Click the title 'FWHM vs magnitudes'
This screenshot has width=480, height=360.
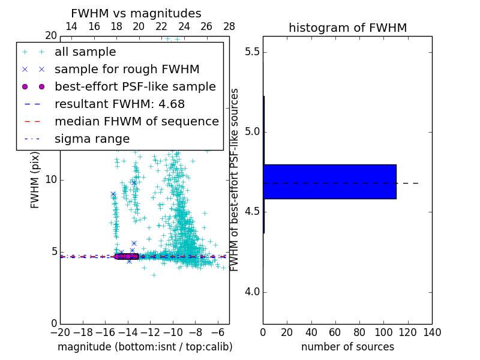click(x=136, y=13)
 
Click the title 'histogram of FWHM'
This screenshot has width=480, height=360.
click(x=347, y=28)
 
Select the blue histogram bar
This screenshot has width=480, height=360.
click(x=329, y=181)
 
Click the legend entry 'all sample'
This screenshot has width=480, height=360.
click(x=85, y=52)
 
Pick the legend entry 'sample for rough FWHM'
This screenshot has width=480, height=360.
click(x=127, y=69)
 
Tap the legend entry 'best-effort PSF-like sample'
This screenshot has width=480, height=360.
click(x=135, y=86)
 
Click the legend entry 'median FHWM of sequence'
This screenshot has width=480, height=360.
click(x=136, y=121)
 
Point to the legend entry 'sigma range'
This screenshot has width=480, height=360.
click(x=92, y=139)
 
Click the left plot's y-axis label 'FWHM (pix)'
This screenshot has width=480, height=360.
click(x=35, y=179)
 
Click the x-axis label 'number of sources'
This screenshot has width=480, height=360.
click(x=347, y=347)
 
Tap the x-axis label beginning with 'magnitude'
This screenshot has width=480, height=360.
click(x=145, y=347)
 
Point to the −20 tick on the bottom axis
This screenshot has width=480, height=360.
click(x=60, y=332)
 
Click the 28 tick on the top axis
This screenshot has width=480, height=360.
click(x=229, y=26)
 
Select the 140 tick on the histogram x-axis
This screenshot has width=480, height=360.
click(x=432, y=332)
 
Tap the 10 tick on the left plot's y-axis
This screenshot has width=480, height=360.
click(x=50, y=179)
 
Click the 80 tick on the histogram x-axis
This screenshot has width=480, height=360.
click(x=359, y=332)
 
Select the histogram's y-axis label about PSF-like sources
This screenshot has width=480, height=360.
click(x=235, y=179)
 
